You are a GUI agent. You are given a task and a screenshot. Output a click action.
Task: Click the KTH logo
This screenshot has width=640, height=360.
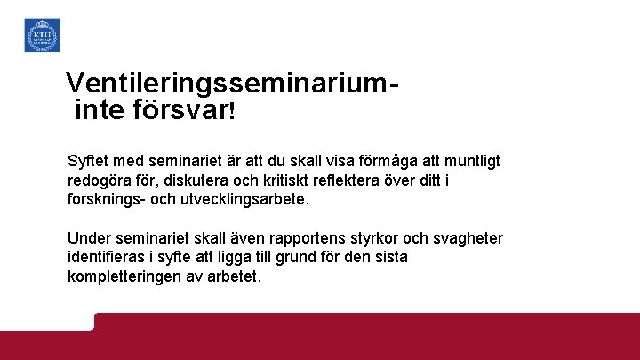pyautogui.click(x=41, y=35)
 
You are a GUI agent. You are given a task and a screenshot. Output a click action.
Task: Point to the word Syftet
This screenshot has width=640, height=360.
pyautogui.click(x=89, y=161)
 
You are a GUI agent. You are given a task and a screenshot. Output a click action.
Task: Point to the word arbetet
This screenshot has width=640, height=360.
pyautogui.click(x=233, y=277)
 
